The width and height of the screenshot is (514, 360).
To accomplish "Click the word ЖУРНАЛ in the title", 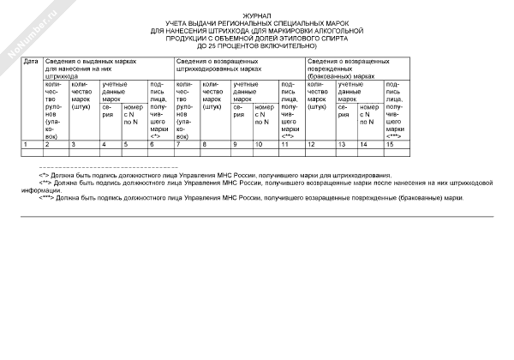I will [x=256, y=16].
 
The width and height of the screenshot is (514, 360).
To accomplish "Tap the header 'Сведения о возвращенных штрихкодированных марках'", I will [x=218, y=65].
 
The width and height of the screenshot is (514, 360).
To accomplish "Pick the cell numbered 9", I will [x=235, y=144].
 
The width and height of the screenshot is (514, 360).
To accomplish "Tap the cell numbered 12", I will [x=311, y=144].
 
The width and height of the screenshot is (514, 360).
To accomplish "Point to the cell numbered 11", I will [x=284, y=144].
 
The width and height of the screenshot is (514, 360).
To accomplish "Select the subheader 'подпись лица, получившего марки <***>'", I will [x=395, y=111].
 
